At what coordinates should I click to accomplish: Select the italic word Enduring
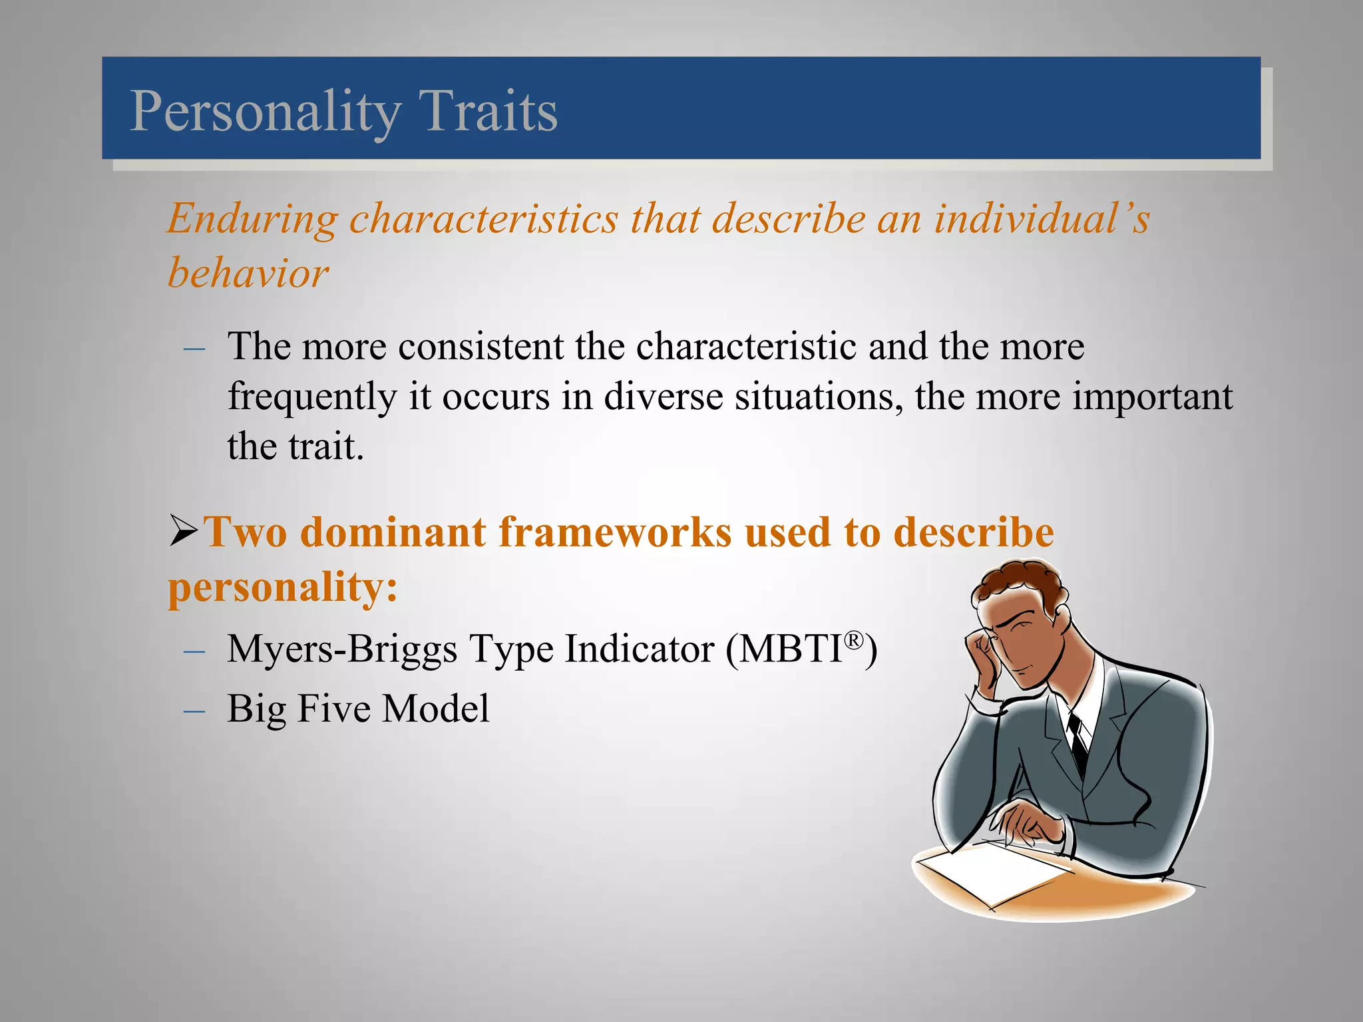click(252, 220)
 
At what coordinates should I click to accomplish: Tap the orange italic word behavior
click(248, 273)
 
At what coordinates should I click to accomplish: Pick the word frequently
click(311, 398)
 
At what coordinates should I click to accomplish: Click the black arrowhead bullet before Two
click(184, 531)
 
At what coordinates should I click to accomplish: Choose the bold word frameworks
click(615, 532)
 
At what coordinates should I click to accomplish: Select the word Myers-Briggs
click(342, 649)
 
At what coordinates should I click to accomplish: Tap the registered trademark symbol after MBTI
click(854, 640)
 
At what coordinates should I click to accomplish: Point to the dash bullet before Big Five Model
click(194, 711)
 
